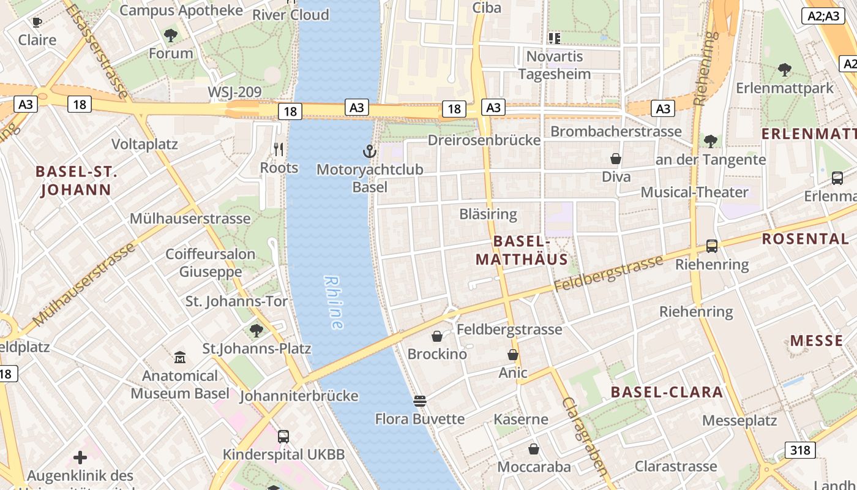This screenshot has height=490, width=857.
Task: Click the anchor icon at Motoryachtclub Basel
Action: tap(369, 151)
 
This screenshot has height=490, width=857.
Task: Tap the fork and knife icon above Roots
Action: tap(279, 149)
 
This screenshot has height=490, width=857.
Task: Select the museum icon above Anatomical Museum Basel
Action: tap(180, 357)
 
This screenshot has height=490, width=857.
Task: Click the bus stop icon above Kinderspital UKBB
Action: tap(283, 437)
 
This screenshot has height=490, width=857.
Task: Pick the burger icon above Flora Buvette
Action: tap(420, 401)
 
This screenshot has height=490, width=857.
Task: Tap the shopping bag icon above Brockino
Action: tap(437, 336)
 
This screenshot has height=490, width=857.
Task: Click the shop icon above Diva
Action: tap(616, 159)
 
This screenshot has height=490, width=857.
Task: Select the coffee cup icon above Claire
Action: tap(37, 23)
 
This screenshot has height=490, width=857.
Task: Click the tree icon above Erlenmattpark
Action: tap(785, 70)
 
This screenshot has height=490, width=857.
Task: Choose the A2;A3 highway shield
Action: tap(823, 16)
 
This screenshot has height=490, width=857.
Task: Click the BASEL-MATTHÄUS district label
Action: tap(522, 250)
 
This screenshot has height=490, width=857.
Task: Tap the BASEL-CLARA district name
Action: tap(667, 392)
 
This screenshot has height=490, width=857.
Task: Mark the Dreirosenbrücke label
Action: tap(484, 140)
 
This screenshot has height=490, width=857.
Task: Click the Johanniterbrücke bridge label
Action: tap(299, 396)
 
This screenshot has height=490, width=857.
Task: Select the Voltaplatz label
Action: tap(144, 144)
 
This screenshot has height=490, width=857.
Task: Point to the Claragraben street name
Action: tap(585, 435)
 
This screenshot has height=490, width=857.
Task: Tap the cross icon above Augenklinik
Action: tap(80, 458)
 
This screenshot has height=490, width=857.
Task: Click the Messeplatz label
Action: tap(739, 421)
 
